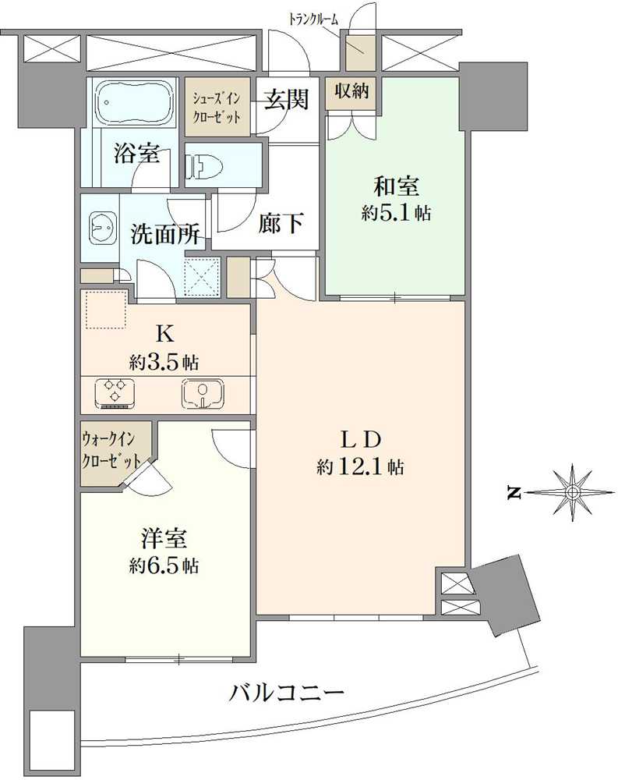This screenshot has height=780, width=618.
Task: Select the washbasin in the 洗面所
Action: point(101,226)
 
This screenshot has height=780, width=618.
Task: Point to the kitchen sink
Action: point(202,392)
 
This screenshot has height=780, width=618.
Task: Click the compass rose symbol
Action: point(573,492)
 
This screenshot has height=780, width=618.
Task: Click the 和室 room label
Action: point(397,188)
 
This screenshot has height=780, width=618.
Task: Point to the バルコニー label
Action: point(287,691)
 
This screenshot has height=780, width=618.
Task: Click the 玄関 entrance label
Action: point(286,99)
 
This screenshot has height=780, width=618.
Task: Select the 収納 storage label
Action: point(352,91)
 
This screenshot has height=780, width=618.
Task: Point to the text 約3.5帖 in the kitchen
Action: point(164,362)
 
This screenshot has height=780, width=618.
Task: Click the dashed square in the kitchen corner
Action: point(104,309)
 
